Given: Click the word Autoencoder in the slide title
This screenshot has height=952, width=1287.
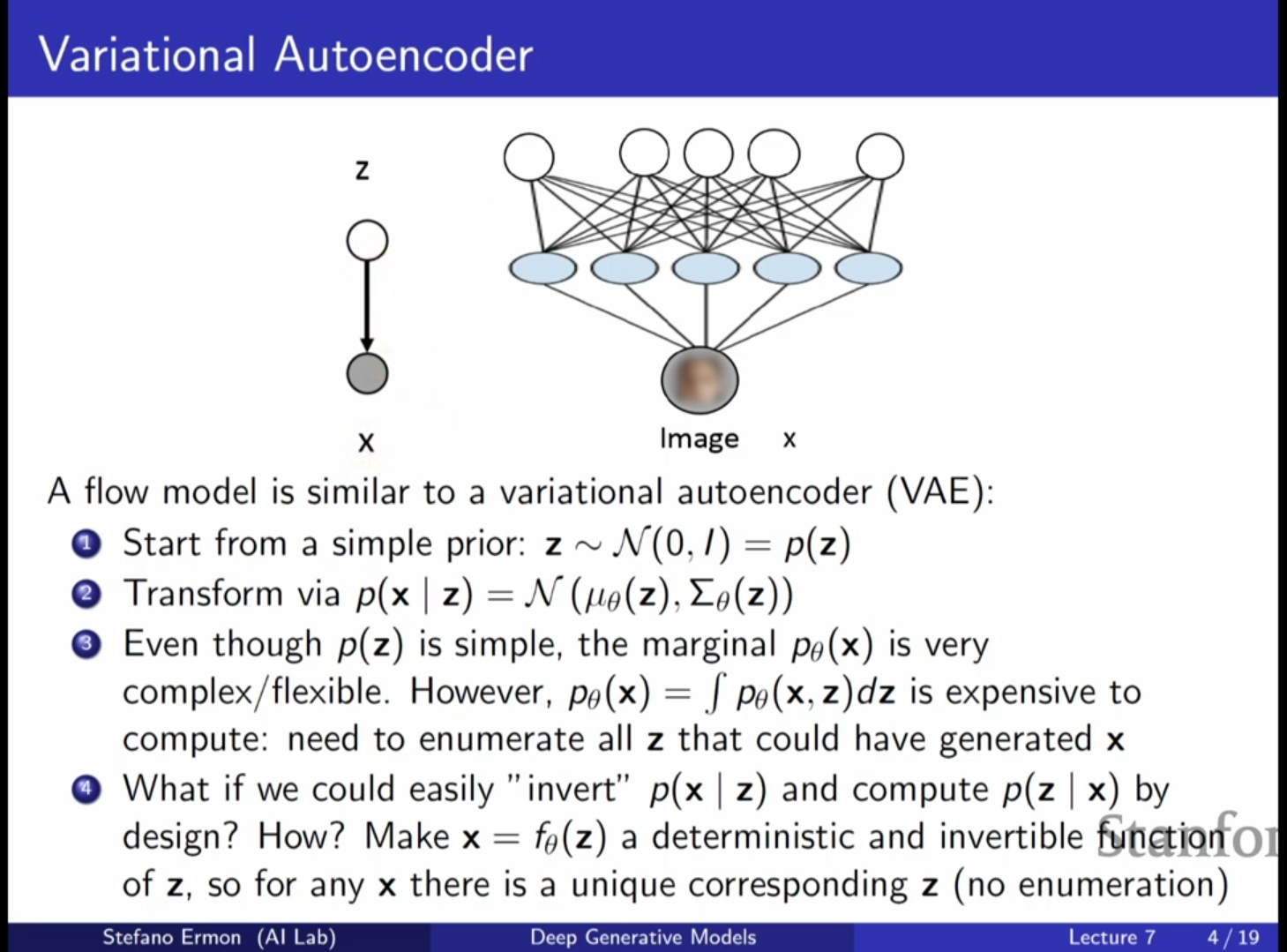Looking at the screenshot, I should (x=403, y=55).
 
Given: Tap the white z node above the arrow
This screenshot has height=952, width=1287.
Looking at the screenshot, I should (x=367, y=240).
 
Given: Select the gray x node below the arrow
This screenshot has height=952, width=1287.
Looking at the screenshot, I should (x=367, y=373).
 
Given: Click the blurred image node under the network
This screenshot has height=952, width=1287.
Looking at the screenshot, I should (x=700, y=379).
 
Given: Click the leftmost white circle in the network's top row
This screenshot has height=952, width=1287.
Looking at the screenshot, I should (x=529, y=157).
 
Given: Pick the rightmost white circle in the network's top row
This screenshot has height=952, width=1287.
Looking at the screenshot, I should (x=879, y=156).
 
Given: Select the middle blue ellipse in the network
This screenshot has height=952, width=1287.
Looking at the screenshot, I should (x=706, y=267).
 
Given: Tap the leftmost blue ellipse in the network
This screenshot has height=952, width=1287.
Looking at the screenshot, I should (x=543, y=267).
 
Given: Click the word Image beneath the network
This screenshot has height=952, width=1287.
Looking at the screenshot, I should (x=699, y=439).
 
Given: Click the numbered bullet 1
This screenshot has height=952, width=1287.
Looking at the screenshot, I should (x=86, y=544).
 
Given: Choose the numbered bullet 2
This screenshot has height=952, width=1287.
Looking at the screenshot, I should (x=86, y=594).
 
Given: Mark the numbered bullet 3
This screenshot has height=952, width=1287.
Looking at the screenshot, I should (x=86, y=644).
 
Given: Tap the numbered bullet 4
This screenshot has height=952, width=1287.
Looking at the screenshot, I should (x=86, y=789).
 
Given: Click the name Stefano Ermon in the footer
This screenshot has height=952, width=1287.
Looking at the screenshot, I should (x=171, y=937).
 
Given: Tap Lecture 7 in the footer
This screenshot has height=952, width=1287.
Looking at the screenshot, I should (x=1111, y=937).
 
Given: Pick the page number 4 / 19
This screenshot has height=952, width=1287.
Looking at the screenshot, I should (x=1233, y=937).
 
